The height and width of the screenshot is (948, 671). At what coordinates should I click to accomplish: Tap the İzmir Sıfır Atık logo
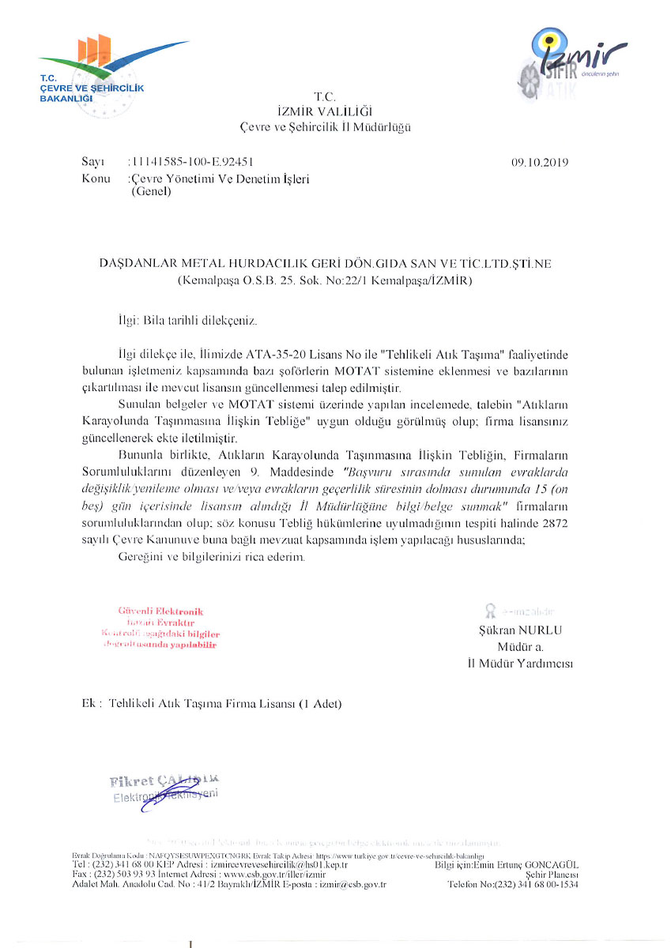pyautogui.click(x=573, y=60)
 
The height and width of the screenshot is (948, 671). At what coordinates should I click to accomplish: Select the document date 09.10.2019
pyautogui.click(x=540, y=164)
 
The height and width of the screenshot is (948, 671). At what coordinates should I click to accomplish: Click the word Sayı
pyautogui.click(x=93, y=164)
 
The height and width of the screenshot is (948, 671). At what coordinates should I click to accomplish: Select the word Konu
pyautogui.click(x=96, y=179)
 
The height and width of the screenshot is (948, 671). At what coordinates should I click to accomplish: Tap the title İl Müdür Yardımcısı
pyautogui.click(x=519, y=664)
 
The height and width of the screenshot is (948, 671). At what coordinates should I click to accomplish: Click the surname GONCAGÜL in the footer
pyautogui.click(x=552, y=866)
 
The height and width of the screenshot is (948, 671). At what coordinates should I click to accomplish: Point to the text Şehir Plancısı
pyautogui.click(x=552, y=875)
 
